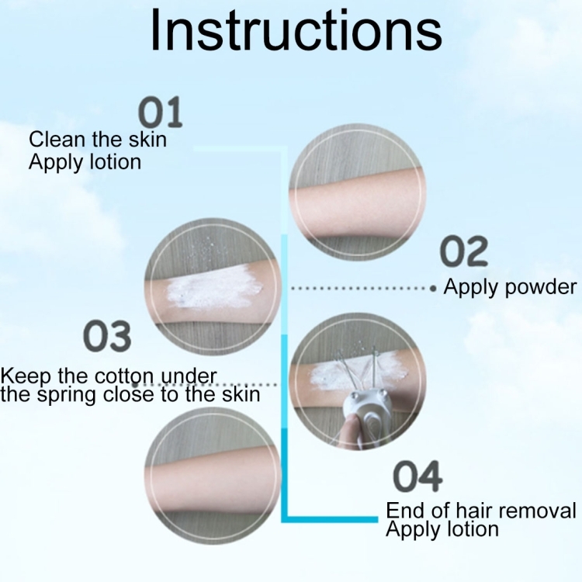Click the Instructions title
296,30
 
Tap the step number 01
161,112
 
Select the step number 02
463,251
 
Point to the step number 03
107,336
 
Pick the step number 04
417,476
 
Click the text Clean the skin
98,140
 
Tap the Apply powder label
510,287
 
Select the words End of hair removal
481,510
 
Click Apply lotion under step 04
442,529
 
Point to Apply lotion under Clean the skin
85,162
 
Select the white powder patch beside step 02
214,288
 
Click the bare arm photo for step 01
358,192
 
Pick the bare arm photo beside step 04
213,476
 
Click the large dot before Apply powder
433,289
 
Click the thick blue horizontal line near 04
330,519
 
